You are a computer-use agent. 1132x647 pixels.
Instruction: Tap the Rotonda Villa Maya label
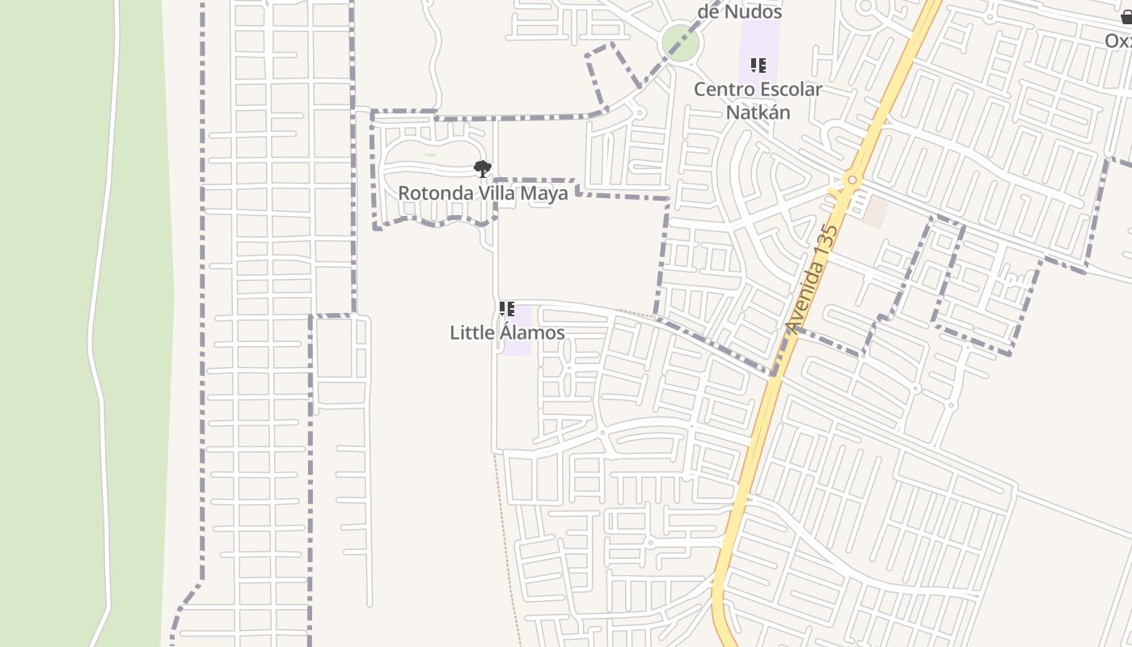click(x=483, y=194)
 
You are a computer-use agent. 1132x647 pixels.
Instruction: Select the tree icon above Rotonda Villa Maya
click(x=483, y=168)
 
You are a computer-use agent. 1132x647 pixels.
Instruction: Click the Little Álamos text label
click(x=507, y=332)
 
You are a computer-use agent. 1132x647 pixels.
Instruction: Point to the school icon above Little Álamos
click(x=507, y=308)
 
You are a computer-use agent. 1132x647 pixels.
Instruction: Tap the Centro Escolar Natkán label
click(x=758, y=100)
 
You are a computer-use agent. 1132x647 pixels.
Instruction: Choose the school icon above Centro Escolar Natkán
click(x=758, y=65)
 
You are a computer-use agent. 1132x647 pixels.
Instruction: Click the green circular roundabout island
click(x=680, y=43)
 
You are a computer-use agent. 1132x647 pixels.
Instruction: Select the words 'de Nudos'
click(x=740, y=12)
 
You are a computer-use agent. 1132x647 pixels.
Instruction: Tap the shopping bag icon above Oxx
click(x=1126, y=18)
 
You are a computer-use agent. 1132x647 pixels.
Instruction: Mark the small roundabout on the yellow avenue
click(x=851, y=180)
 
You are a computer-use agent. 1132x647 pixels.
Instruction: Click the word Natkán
click(x=758, y=112)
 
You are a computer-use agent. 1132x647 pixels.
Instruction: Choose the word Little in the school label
click(x=472, y=332)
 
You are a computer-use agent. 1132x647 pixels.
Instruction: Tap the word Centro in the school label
click(x=723, y=89)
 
